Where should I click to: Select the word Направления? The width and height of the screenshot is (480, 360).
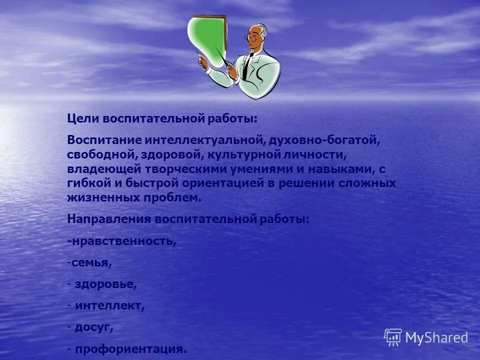(x=108, y=219)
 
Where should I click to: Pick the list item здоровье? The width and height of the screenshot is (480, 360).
(x=105, y=284)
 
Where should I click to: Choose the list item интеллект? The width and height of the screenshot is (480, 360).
(x=110, y=305)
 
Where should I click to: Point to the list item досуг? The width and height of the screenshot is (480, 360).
(x=94, y=327)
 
